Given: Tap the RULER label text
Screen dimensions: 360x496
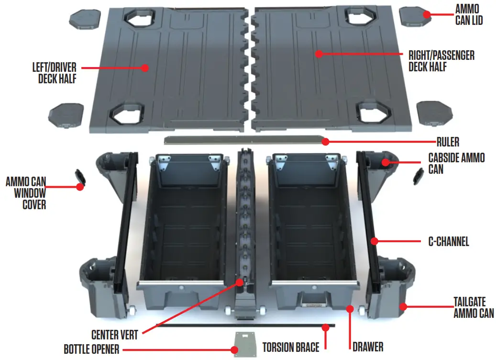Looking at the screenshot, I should (x=448, y=142).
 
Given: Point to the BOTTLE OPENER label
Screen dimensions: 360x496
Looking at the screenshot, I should (x=91, y=349).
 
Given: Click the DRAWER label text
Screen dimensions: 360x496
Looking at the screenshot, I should (x=368, y=346).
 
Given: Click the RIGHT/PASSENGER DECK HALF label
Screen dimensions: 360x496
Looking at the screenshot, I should (x=441, y=61).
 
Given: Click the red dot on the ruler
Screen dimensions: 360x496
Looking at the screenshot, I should (x=325, y=141).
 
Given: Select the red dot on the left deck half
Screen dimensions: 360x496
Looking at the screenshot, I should (x=145, y=68).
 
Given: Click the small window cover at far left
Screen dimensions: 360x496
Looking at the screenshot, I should (x=80, y=178).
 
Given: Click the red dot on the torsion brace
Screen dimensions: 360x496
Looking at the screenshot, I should (x=325, y=327).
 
